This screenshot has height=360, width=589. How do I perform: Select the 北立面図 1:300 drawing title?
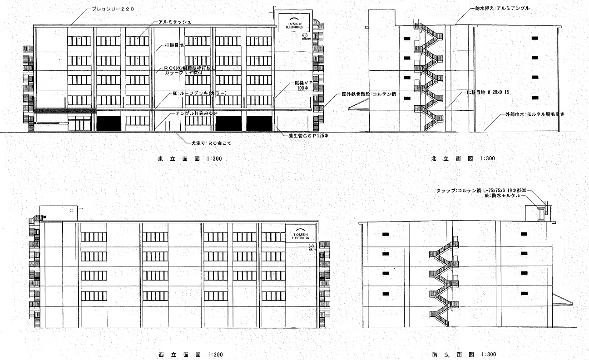click(463, 159)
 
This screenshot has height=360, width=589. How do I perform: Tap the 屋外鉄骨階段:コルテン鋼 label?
click(369, 95)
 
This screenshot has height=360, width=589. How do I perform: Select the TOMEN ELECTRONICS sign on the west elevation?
click(301, 231)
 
